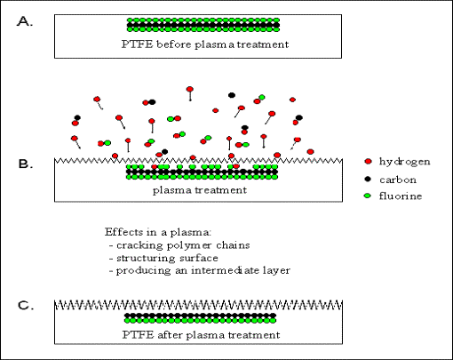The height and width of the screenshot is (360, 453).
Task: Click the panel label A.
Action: click(x=25, y=21)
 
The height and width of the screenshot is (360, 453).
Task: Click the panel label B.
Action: click(x=26, y=164)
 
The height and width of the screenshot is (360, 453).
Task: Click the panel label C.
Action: click(x=26, y=305)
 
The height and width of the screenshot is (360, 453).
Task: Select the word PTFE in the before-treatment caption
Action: click(x=138, y=44)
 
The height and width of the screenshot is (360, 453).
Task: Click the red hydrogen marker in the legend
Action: click(x=368, y=162)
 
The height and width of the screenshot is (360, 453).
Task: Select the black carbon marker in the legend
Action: click(x=368, y=179)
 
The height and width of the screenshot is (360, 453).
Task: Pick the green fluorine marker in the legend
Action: click(x=368, y=196)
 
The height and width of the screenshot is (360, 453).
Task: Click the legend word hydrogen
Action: click(x=405, y=162)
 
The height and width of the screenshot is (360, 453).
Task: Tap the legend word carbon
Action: click(x=398, y=180)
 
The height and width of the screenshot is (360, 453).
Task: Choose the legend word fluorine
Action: click(x=401, y=196)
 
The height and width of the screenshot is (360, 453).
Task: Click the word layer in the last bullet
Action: click(x=276, y=271)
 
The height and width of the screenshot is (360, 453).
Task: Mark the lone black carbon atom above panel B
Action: click(x=232, y=95)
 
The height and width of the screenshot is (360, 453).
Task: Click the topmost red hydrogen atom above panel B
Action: click(x=190, y=89)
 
